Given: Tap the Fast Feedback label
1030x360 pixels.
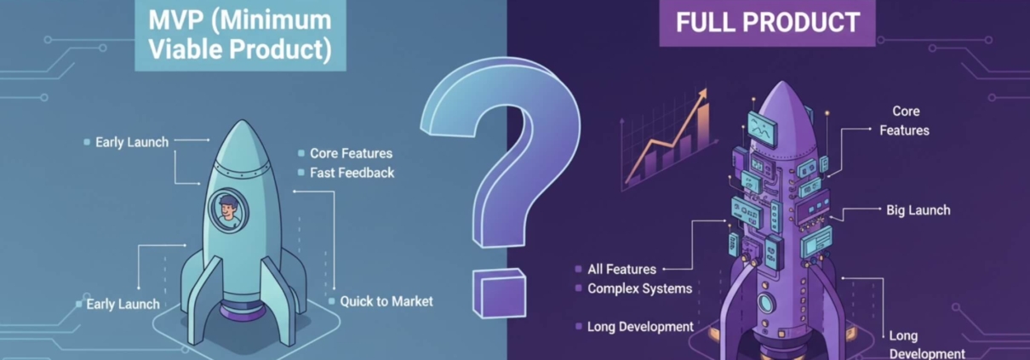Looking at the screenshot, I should pyautogui.click(x=352, y=173).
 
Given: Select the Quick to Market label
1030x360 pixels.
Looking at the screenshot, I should pyautogui.click(x=386, y=301).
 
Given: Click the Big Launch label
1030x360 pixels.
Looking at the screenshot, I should pyautogui.click(x=918, y=210).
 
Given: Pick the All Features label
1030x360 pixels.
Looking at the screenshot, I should pyautogui.click(x=621, y=269).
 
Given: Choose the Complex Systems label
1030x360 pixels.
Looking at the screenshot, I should pyautogui.click(x=639, y=289).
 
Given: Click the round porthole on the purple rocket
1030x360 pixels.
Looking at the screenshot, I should pyautogui.click(x=767, y=303).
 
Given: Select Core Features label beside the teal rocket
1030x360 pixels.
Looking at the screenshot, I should pyautogui.click(x=351, y=153).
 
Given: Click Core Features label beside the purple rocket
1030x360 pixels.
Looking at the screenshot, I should pyautogui.click(x=905, y=121).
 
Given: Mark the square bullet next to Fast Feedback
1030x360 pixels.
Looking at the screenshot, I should pyautogui.click(x=301, y=173).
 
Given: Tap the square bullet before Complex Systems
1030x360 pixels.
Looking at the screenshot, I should pyautogui.click(x=579, y=289).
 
